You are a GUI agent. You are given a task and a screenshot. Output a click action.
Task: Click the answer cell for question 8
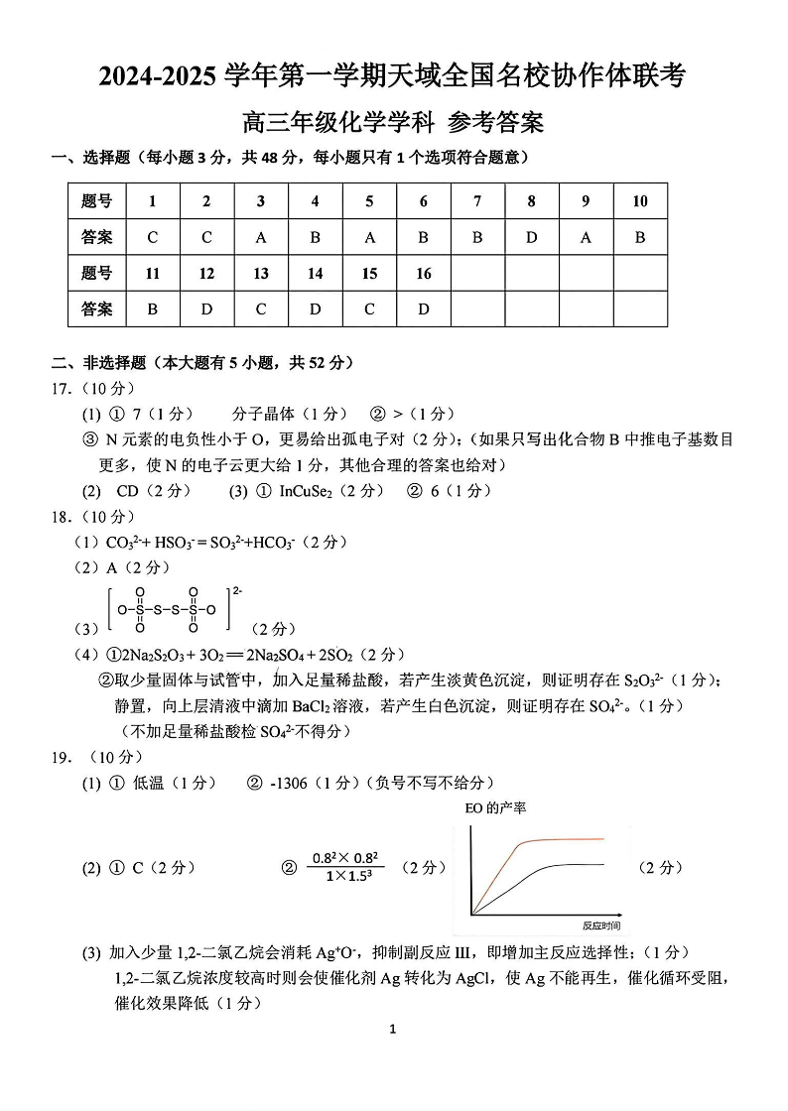click(532, 237)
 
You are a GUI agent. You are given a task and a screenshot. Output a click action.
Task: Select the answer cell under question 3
click(261, 237)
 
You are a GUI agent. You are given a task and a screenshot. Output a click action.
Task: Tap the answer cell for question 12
click(206, 309)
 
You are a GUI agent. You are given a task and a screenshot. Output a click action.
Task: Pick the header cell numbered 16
click(424, 273)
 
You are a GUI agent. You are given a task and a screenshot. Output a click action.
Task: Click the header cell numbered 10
click(640, 201)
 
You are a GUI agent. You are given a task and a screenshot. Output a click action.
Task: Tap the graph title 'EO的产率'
click(495, 808)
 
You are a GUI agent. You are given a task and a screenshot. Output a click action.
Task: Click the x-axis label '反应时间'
click(601, 925)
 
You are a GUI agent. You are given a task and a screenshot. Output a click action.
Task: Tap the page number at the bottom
click(393, 1030)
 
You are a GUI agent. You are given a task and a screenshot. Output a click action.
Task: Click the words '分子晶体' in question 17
click(261, 414)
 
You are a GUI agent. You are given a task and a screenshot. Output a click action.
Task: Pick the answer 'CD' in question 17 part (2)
click(127, 490)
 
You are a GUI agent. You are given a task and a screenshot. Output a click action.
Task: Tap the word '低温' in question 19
click(146, 783)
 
